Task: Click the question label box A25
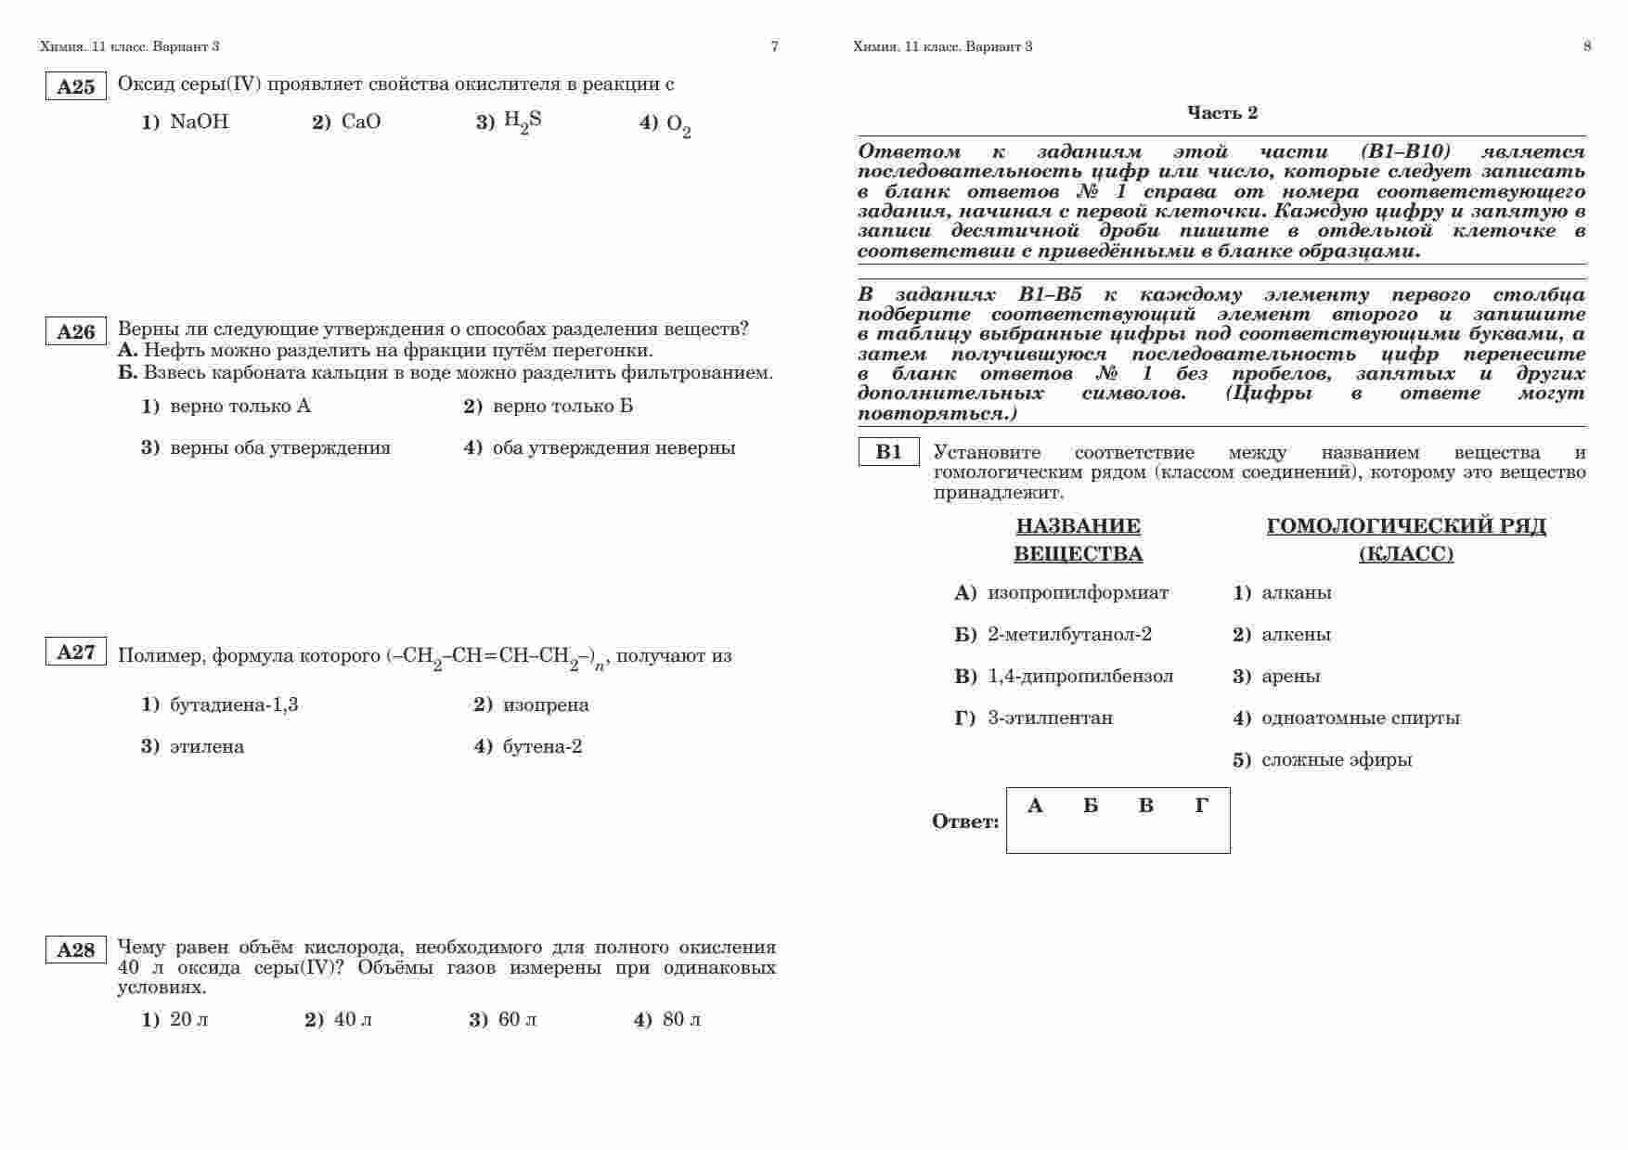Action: [x=76, y=86]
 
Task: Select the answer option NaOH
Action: [x=199, y=122]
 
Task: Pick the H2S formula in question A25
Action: [x=523, y=122]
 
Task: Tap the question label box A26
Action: [x=76, y=331]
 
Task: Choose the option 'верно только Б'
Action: [x=562, y=406]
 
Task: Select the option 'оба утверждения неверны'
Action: [x=614, y=447]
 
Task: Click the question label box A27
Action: [x=76, y=652]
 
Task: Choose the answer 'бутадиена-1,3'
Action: [x=234, y=704]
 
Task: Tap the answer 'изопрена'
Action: [x=546, y=704]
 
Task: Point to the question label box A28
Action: [x=76, y=950]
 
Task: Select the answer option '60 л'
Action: [x=517, y=1019]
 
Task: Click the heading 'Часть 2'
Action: [x=1222, y=112]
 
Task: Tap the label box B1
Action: [x=888, y=452]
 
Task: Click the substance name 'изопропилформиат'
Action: [x=1078, y=592]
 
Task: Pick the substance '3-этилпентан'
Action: [x=1050, y=717]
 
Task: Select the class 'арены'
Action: [x=1290, y=676]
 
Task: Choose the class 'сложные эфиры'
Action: [x=1336, y=759]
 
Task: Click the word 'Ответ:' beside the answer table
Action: [x=965, y=821]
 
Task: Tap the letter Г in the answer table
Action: [x=1201, y=806]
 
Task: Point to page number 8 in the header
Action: [x=1586, y=46]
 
